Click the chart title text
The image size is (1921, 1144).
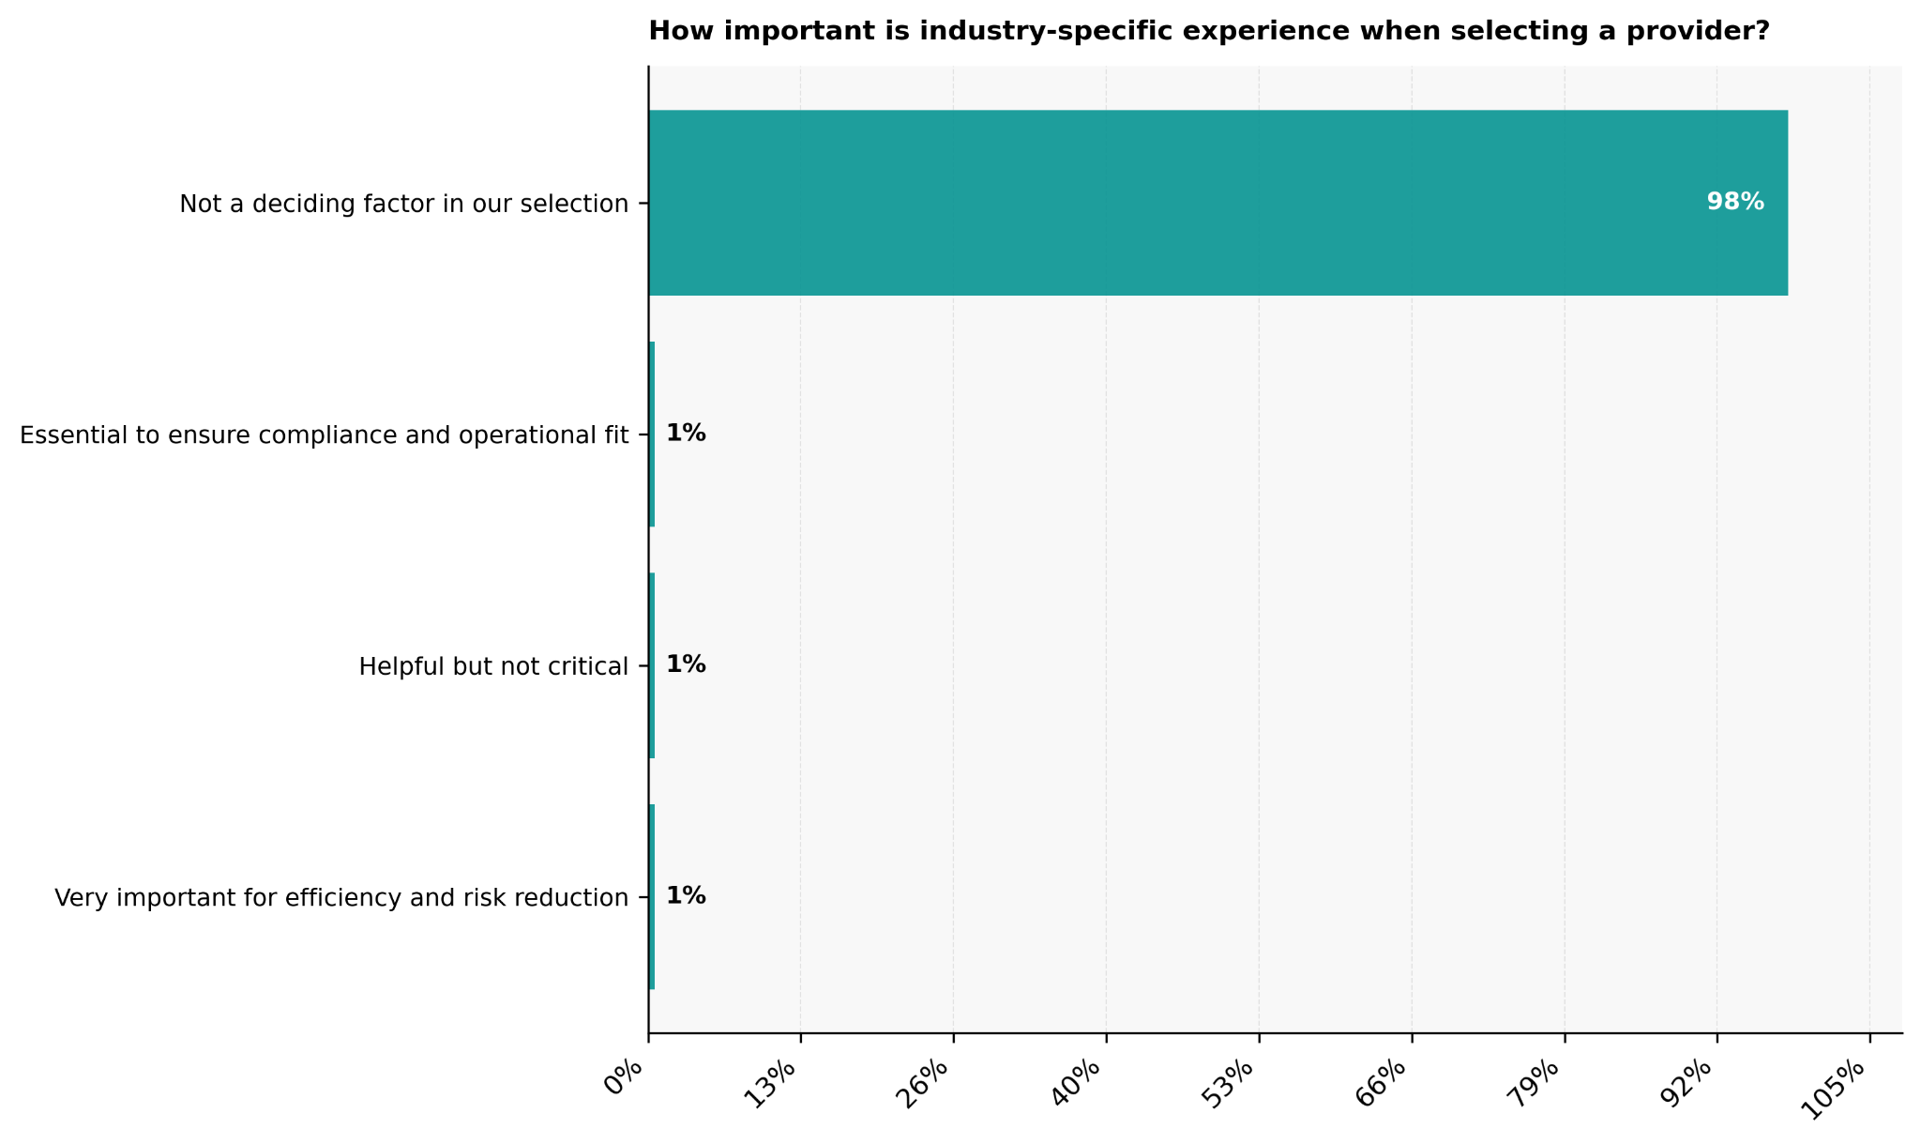point(1208,32)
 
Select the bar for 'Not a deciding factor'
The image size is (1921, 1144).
point(1218,203)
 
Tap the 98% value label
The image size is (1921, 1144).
point(1734,202)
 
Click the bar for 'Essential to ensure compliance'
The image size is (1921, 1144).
point(651,435)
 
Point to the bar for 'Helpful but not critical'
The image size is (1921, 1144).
point(651,665)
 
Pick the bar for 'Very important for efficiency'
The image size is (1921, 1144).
point(651,897)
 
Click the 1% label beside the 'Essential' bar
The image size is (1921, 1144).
point(686,434)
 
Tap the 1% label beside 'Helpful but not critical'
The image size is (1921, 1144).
point(686,664)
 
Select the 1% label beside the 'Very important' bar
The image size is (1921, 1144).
point(686,896)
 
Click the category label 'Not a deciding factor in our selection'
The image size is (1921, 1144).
point(403,204)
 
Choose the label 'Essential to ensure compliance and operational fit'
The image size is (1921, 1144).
point(324,435)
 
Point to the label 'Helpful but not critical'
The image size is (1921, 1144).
point(493,666)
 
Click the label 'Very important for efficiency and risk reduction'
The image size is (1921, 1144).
point(341,898)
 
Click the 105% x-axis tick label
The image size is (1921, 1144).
point(1838,1086)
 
